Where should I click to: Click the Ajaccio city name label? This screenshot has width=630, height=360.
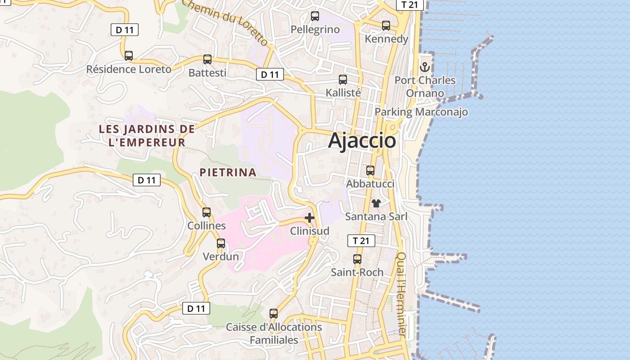pos(362,141)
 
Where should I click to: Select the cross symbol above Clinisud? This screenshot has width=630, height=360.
pos(310,218)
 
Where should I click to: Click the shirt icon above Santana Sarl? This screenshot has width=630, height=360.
pos(376,203)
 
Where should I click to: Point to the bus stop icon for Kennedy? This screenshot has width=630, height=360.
pos(386,26)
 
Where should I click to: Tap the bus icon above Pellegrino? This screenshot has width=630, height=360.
pos(315,16)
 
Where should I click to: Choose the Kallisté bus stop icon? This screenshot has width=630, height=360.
pos(343,80)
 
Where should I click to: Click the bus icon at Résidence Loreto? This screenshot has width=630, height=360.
pos(129,56)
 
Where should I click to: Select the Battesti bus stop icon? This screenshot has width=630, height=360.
pos(207,59)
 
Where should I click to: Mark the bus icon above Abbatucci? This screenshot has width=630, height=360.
pos(370,171)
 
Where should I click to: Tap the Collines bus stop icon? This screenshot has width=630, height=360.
pos(207,212)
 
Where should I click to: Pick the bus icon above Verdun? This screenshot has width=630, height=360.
pos(221,243)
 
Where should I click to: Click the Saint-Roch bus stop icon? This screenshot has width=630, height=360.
pos(357,259)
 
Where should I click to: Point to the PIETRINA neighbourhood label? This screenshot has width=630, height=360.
pos(228,172)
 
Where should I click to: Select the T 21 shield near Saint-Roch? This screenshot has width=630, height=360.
pos(361,241)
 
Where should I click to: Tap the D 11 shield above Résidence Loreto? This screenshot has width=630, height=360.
pos(125,30)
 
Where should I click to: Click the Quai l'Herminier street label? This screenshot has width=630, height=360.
pos(402,294)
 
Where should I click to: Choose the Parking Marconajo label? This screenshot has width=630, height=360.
pos(421,112)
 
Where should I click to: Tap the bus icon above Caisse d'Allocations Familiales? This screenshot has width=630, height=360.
pos(274,314)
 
